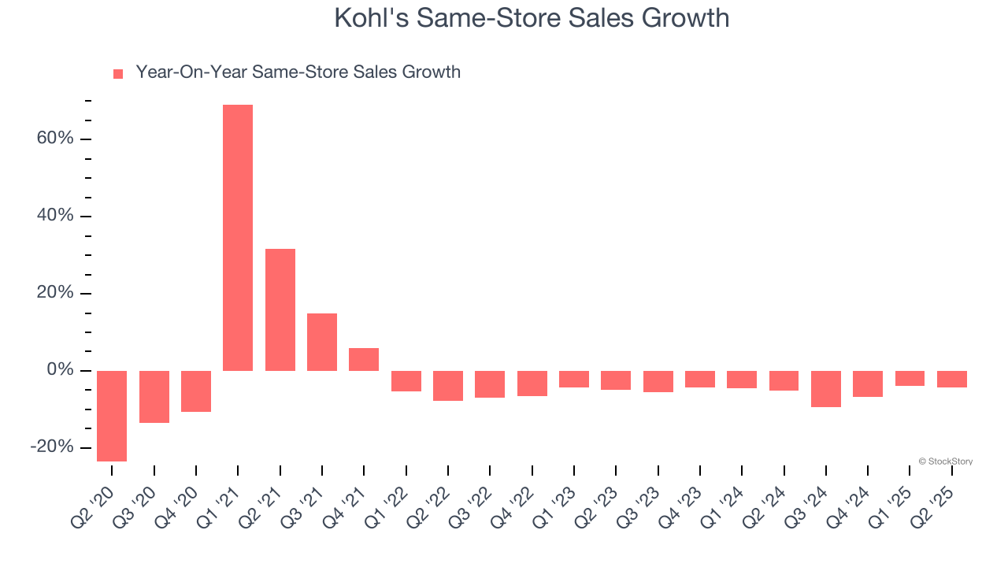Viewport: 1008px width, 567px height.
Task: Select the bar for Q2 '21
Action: (280, 309)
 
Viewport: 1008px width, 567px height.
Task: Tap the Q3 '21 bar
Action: (322, 342)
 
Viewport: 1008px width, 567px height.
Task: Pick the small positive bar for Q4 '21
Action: (364, 359)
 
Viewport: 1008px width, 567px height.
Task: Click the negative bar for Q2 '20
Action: (112, 416)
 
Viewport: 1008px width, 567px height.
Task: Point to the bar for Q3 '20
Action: (154, 396)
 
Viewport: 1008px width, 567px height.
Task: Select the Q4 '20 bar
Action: (196, 391)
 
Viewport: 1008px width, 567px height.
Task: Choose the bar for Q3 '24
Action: (826, 388)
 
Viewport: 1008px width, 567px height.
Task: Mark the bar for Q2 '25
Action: (952, 379)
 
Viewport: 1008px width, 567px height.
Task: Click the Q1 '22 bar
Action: (406, 380)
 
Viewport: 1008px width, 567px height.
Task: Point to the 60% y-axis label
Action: (55, 139)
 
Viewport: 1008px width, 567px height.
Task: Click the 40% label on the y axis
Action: (55, 216)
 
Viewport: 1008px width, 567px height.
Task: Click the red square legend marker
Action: (118, 74)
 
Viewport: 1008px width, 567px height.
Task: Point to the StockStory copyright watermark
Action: (945, 461)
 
